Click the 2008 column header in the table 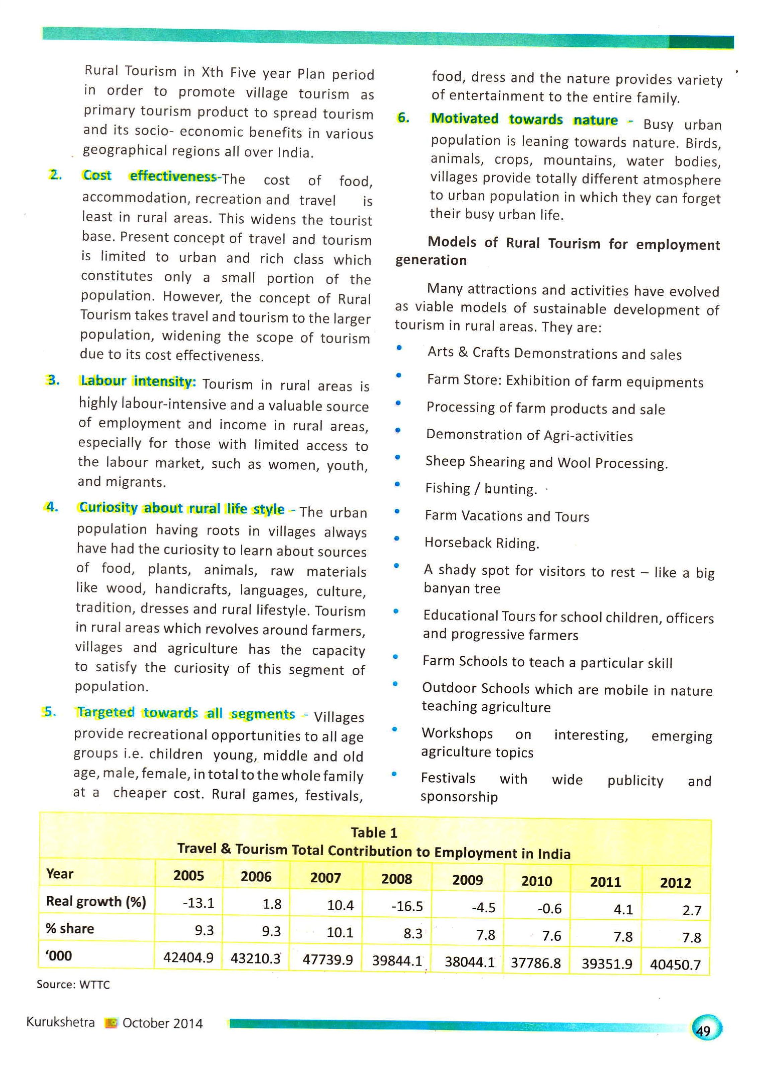[396, 878]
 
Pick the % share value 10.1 [339, 932]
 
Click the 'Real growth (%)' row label [96, 901]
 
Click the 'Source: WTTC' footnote [73, 985]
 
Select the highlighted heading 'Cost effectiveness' [149, 176]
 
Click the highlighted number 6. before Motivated [403, 118]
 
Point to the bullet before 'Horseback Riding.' [397, 538]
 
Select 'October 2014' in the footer [162, 1023]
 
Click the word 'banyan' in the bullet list [444, 588]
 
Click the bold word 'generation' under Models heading [431, 260]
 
